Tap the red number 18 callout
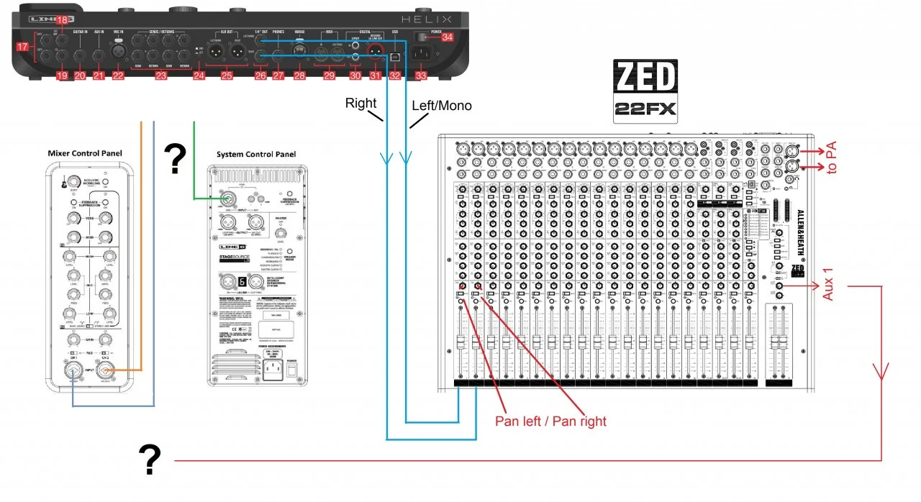[x=63, y=20]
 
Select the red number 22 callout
[x=118, y=76]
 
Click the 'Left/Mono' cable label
[x=441, y=106]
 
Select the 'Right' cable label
[x=360, y=103]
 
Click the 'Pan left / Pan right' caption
[x=550, y=421]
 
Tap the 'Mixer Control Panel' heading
[x=85, y=153]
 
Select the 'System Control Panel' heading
[x=255, y=155]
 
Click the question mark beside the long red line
[x=149, y=460]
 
